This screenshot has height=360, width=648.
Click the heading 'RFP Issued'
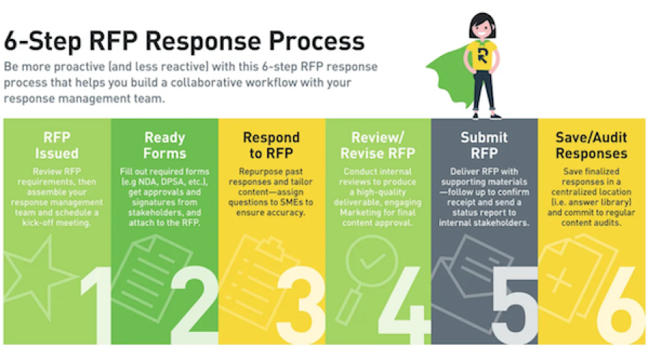[57, 145]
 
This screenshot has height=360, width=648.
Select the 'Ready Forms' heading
[164, 145]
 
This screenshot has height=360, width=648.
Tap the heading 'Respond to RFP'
[271, 145]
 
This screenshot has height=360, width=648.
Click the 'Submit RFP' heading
[484, 145]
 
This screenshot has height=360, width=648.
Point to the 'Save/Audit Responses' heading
[591, 145]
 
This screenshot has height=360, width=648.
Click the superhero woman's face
[480, 29]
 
